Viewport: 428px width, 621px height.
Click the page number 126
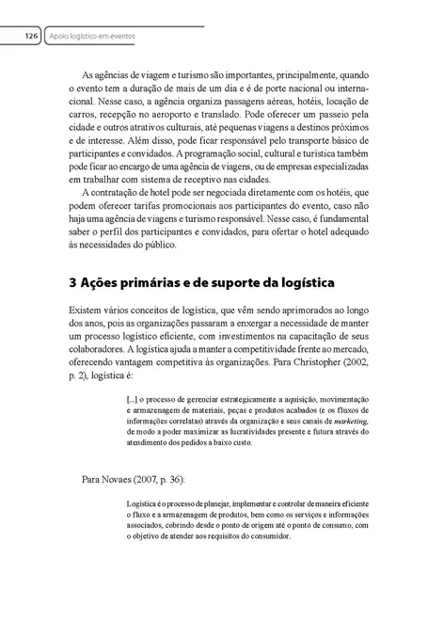point(31,36)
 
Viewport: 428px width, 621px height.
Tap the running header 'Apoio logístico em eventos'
point(93,36)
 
